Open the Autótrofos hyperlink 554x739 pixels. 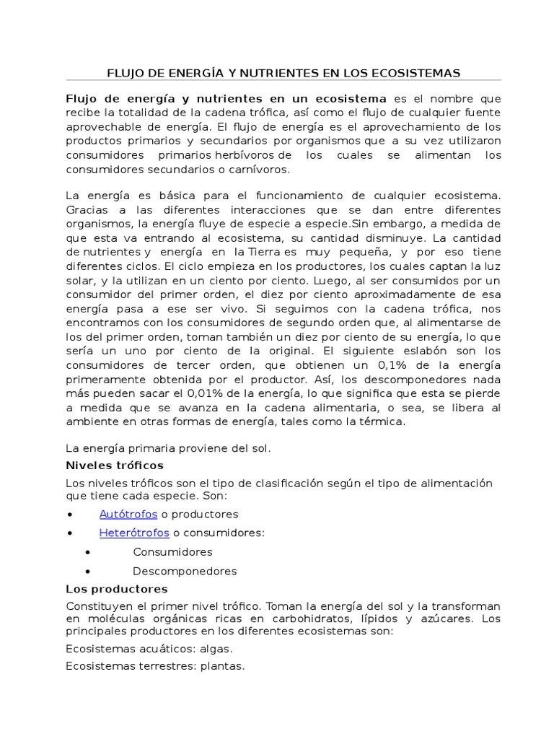128,515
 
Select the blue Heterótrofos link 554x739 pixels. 134,533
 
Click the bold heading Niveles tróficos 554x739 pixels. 115,465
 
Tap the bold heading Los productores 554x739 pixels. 117,589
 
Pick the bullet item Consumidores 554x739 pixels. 172,552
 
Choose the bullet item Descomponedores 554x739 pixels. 185,571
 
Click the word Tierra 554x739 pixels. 263,251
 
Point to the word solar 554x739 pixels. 81,279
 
